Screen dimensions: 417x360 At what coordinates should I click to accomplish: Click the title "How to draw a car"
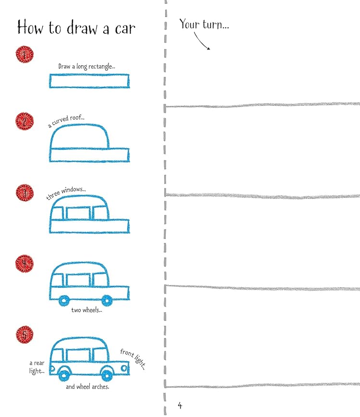coord(76,27)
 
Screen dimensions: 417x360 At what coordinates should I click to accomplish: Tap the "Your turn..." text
coord(204,25)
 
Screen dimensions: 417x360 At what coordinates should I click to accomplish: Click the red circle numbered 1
coord(24,55)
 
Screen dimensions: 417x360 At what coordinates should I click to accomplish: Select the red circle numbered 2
coord(24,120)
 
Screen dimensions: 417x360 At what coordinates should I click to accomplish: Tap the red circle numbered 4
coord(24,263)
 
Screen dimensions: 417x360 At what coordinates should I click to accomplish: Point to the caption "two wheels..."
coord(87,310)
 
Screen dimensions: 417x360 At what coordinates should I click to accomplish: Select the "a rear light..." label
coord(37,368)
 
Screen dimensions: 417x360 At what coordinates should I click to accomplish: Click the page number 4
coord(180,405)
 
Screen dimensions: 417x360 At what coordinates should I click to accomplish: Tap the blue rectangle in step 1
coord(89,81)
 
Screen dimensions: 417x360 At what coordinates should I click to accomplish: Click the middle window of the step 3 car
coord(79,213)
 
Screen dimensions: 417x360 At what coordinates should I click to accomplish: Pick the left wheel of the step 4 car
coord(64,301)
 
